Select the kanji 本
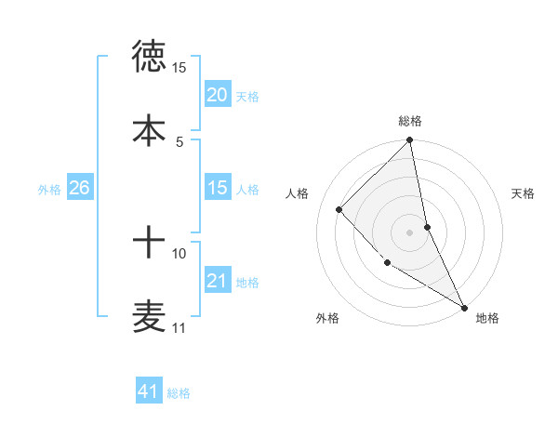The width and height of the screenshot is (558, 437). (x=149, y=129)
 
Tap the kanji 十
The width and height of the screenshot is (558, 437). (x=149, y=244)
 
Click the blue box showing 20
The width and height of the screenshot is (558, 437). (x=217, y=95)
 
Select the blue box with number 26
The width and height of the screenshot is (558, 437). (x=79, y=188)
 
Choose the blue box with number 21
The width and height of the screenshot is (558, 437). (x=217, y=281)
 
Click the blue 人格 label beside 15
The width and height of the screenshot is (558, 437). (x=247, y=189)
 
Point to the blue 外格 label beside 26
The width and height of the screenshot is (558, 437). (x=49, y=189)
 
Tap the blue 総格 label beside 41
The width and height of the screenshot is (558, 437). (x=179, y=393)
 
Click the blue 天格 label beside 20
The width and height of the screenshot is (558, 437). (x=247, y=96)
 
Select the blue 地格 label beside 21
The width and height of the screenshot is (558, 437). (x=247, y=282)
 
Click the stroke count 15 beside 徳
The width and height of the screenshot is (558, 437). (x=179, y=68)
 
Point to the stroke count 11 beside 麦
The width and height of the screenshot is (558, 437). (x=179, y=328)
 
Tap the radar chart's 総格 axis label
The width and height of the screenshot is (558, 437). (x=410, y=121)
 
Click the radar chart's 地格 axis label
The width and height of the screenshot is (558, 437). (x=487, y=318)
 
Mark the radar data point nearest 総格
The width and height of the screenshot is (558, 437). (x=410, y=141)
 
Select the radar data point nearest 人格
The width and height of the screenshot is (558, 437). (x=339, y=209)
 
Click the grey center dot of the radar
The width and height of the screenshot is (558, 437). (x=410, y=232)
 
